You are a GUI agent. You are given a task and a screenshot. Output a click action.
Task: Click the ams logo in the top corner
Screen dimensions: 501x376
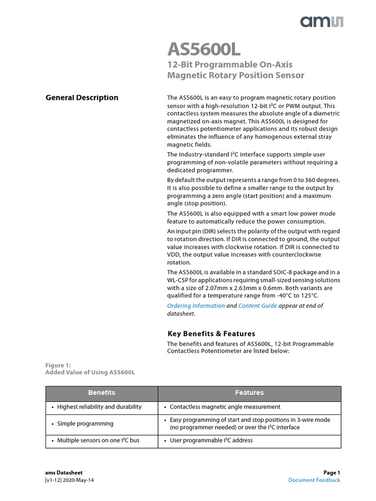pos(322,21)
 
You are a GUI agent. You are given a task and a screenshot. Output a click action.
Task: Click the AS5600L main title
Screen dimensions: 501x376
pos(204,49)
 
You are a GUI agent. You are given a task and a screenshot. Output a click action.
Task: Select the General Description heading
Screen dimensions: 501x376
pos(82,97)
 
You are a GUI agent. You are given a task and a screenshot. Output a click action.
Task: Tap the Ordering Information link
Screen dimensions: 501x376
pos(196,306)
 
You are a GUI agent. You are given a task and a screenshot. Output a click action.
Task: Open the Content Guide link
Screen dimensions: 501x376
pos(258,306)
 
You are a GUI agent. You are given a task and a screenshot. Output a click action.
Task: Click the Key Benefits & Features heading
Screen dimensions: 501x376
pos(211,334)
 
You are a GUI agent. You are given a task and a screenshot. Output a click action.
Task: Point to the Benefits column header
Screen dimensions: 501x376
pos(102,393)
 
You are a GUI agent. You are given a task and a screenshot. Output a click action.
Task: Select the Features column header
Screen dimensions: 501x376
pos(249,393)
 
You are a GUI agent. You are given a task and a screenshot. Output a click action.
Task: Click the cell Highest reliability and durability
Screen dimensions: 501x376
pos(99,407)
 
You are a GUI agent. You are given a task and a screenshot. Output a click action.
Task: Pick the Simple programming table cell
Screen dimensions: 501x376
pos(85,424)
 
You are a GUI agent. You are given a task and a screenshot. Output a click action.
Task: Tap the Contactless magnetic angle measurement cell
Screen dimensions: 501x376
pos(225,407)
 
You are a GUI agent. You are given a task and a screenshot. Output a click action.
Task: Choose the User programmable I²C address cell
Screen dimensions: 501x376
pos(211,440)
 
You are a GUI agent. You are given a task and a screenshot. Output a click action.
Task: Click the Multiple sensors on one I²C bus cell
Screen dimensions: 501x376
pos(98,440)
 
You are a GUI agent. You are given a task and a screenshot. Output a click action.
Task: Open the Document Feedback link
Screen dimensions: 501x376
pos(314,480)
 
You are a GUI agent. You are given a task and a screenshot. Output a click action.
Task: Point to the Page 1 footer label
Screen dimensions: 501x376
pos(331,473)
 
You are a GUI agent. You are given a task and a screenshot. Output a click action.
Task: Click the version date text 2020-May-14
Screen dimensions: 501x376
pos(79,480)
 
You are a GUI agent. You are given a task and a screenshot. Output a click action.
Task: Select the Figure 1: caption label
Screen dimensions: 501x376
pos(58,365)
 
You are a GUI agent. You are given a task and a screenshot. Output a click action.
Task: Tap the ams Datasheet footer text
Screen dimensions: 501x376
pos(64,473)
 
